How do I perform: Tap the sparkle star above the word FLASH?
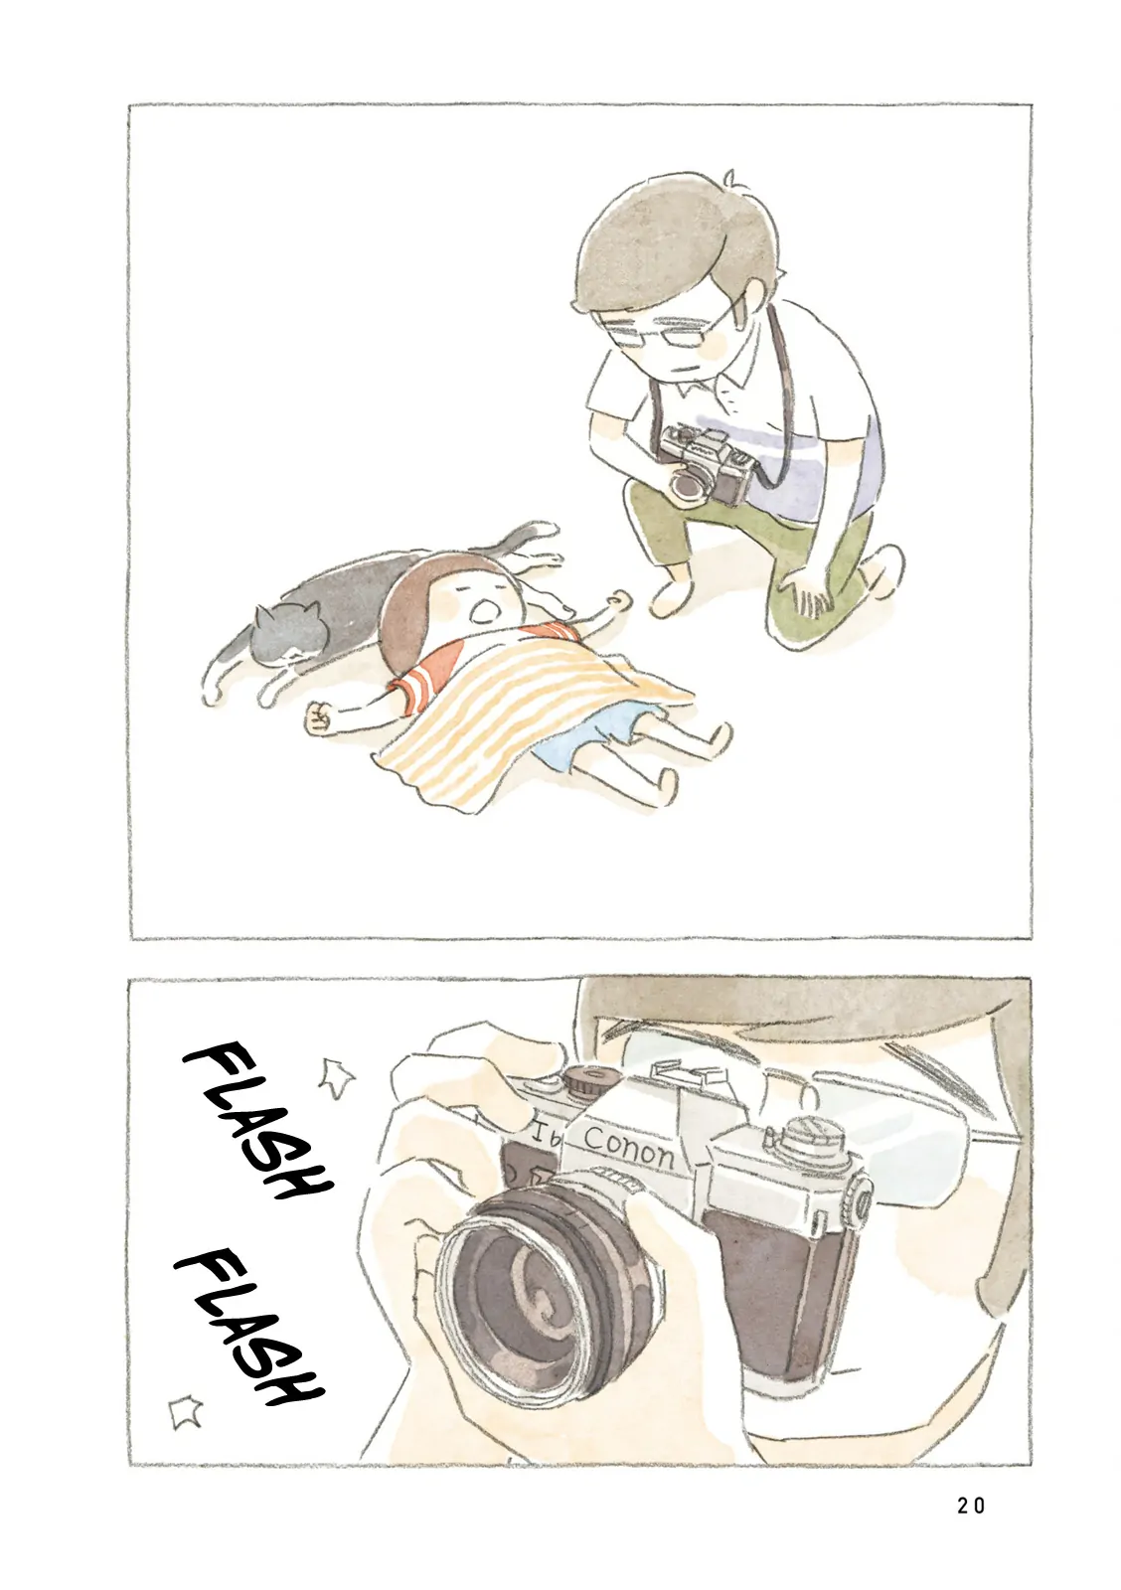[x=336, y=1079]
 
